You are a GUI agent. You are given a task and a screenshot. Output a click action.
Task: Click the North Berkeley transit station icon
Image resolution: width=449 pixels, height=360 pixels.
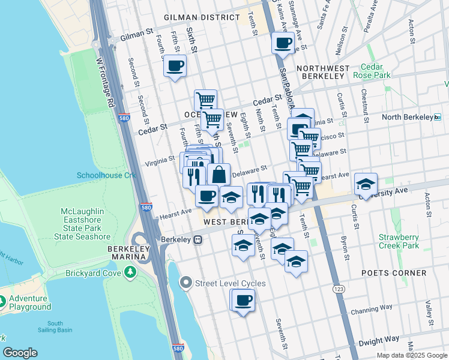438,117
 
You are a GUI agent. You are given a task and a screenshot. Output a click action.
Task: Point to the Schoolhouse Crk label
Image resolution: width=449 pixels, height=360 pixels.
107,175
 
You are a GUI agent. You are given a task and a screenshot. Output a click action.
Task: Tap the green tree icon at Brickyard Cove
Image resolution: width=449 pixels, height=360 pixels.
130,273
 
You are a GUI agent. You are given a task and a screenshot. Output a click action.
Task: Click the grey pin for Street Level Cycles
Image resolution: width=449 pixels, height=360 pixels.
186,283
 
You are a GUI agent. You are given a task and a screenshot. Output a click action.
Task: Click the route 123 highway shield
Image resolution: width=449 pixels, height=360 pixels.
339,289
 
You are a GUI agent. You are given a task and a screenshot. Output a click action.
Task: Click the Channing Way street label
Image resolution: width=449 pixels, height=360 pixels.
372,309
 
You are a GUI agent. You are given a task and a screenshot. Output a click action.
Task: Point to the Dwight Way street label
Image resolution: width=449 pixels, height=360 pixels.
378,341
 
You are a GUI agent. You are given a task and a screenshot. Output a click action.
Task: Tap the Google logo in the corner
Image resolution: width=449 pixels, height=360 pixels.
20,353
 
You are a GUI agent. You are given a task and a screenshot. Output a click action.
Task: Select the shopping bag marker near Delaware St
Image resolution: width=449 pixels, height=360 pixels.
219,175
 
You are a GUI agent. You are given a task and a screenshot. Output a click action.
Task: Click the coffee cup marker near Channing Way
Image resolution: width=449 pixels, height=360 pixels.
243,300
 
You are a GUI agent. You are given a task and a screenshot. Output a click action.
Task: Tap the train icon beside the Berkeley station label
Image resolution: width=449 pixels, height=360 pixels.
197,239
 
